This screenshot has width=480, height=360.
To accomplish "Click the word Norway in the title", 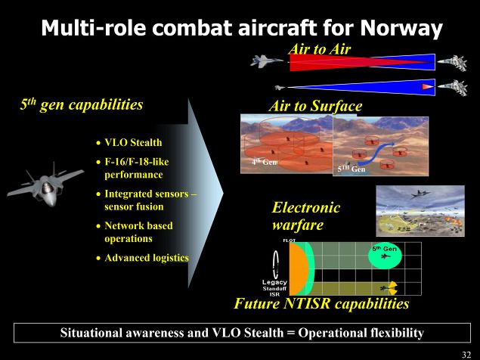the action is click(401, 28).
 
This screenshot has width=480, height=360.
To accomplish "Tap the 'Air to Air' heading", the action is click(319, 49).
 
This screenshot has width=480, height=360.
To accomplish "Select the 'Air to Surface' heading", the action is click(315, 106).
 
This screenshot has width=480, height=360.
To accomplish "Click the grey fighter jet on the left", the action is click(45, 185).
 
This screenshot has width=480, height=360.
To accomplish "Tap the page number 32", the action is click(466, 355).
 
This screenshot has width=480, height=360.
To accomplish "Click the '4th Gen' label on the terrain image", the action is click(264, 161).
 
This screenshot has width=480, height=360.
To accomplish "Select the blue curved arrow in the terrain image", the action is click(376, 154).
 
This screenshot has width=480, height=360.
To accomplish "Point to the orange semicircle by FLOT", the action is click(299, 268).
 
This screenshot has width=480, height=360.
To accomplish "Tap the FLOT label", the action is click(289, 241).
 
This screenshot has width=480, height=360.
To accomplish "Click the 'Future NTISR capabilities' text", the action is click(321, 303).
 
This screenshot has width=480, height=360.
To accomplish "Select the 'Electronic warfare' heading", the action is click(306, 216).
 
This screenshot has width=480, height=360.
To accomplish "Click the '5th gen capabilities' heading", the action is click(82, 104).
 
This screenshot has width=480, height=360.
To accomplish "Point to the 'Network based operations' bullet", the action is click(138, 232).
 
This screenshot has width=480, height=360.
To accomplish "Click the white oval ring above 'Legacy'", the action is click(276, 263).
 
